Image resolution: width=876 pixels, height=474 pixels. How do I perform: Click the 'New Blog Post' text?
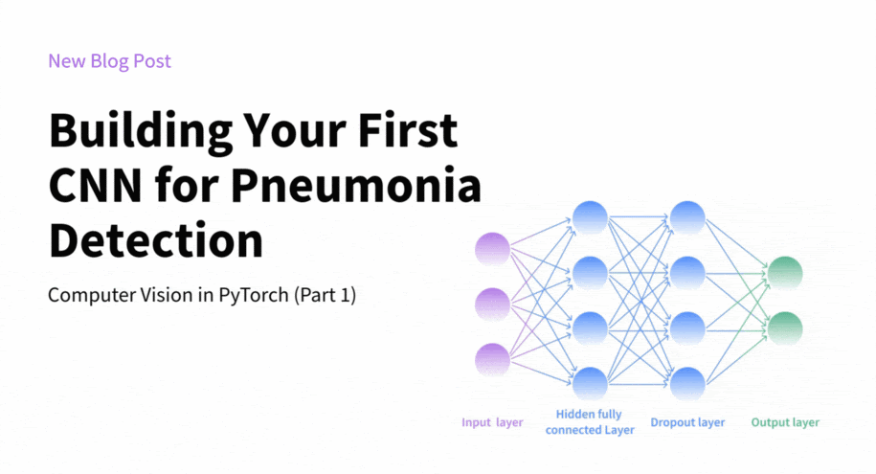[x=109, y=61]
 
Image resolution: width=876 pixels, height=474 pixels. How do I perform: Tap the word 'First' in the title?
[x=408, y=130]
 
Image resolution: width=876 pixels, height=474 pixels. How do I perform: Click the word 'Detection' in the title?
[x=156, y=239]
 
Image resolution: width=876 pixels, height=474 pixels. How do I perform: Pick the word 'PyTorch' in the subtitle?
[x=254, y=296]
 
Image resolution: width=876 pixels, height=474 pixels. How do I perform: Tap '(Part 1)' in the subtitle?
[x=326, y=295]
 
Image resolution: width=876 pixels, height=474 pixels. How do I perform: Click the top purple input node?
[x=492, y=249]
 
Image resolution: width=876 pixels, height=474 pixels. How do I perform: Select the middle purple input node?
[x=492, y=305]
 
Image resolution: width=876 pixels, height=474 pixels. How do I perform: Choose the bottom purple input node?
[x=492, y=359]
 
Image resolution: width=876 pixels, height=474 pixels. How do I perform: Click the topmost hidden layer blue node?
[x=590, y=217]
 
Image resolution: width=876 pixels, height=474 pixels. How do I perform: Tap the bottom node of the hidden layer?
[x=590, y=383]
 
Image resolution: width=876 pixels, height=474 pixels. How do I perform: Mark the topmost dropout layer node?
[x=687, y=217]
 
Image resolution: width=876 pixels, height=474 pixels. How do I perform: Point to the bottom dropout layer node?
[x=687, y=383]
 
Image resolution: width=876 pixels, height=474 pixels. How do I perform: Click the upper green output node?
[x=785, y=273]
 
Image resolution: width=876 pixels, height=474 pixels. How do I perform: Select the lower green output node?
[x=785, y=328]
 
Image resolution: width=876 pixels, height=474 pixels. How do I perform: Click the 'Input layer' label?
[x=492, y=422]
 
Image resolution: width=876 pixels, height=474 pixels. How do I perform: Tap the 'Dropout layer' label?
[x=687, y=422]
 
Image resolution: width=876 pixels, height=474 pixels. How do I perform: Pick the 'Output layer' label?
[x=785, y=422]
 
